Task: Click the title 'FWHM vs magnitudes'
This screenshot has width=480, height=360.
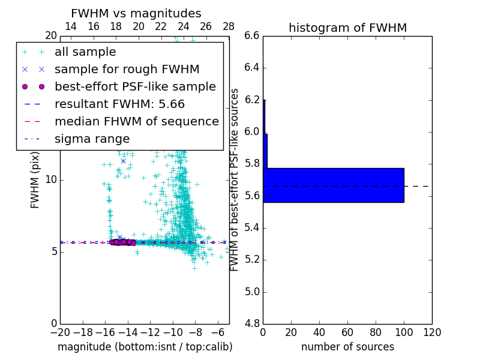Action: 136,13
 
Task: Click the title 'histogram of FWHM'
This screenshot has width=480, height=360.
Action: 347,28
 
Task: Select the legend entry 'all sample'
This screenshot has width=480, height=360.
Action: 85,52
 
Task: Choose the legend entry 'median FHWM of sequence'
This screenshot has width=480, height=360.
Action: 136,122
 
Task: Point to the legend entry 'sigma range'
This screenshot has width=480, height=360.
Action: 92,139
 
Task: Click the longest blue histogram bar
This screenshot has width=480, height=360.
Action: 333,185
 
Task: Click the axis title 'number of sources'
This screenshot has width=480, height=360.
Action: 347,347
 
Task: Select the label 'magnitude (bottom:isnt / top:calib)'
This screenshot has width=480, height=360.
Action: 145,347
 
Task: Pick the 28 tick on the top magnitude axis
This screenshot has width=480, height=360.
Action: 229,26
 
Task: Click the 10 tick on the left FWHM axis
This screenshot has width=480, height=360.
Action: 50,179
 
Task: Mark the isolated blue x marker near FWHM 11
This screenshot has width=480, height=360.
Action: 123,161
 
